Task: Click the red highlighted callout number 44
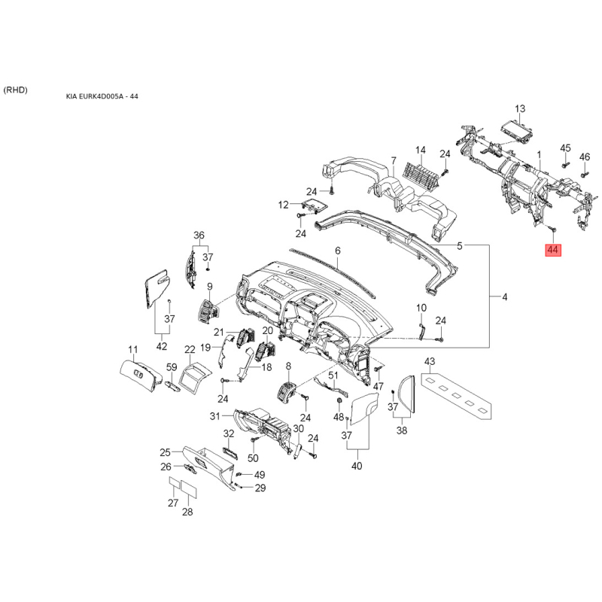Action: coord(552,249)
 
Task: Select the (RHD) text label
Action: coord(15,90)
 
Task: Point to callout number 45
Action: coord(566,147)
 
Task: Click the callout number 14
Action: coord(421,150)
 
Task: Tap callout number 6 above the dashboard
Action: coord(338,251)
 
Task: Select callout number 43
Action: coord(430,362)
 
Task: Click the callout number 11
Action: coord(132,349)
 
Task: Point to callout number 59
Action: coord(171,367)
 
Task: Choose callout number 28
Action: coord(187,512)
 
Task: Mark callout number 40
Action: coord(357,466)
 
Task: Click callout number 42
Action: coord(162,346)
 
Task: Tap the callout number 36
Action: coord(199,235)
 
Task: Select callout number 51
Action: coord(333,375)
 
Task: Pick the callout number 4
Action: coord(504,297)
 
